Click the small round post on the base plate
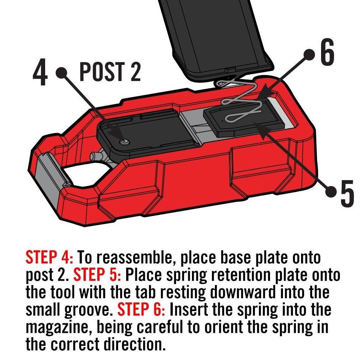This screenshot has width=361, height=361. click(x=124, y=142)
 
